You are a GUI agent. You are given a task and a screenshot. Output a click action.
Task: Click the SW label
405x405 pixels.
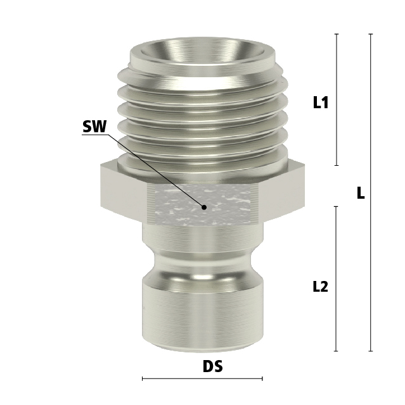(x=94, y=127)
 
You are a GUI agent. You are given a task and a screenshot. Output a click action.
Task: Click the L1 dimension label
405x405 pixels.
(x=321, y=103)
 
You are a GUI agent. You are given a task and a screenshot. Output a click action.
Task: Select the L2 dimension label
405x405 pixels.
(x=321, y=287)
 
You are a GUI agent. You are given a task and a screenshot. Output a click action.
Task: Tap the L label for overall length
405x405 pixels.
(x=361, y=193)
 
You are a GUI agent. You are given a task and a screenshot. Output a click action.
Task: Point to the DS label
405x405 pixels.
(x=212, y=366)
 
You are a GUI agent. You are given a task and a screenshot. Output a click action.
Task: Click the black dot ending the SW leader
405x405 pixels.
(x=204, y=207)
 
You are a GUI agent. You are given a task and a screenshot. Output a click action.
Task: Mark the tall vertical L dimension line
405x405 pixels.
(x=371, y=253)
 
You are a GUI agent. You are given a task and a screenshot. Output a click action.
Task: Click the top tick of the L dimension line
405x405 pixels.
(x=371, y=34)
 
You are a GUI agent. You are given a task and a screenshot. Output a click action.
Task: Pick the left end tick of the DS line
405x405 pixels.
(x=143, y=378)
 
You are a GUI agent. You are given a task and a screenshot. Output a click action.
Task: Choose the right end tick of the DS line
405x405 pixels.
(x=262, y=378)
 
